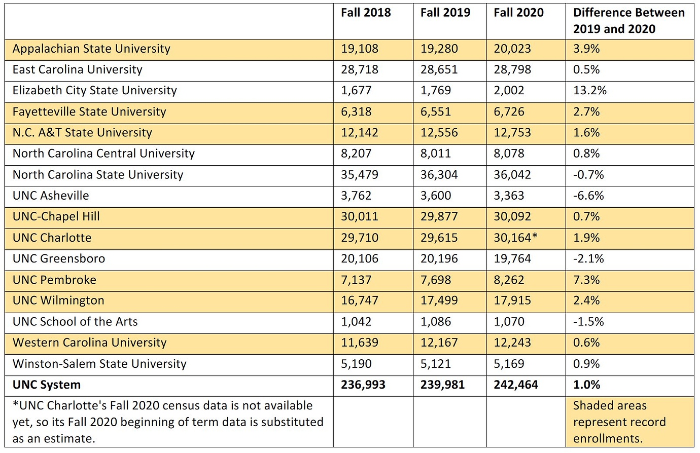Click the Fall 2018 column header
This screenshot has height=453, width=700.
tap(366, 13)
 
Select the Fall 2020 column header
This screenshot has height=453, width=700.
tap(518, 13)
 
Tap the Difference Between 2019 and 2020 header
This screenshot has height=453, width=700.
tap(628, 21)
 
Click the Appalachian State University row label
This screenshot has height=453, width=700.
tap(91, 49)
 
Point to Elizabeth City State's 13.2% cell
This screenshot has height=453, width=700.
tap(589, 91)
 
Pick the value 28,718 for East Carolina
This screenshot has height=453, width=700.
tap(360, 70)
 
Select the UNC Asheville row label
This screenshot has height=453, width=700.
tap(51, 196)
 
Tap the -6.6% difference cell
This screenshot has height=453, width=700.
tap(588, 196)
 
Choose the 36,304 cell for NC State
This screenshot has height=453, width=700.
tap(439, 175)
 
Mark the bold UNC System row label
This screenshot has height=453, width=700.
tap(47, 385)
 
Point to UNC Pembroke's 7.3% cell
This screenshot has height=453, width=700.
tap(586, 280)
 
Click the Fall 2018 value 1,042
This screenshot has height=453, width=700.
tap(356, 322)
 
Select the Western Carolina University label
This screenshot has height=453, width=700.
tap(89, 343)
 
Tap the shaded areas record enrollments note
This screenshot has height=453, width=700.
tap(619, 422)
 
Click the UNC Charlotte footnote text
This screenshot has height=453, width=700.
tap(167, 422)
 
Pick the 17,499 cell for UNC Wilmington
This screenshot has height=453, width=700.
tap(439, 300)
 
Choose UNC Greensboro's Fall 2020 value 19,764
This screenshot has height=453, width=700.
tap(512, 259)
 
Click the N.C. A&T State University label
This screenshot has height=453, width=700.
tap(82, 133)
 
